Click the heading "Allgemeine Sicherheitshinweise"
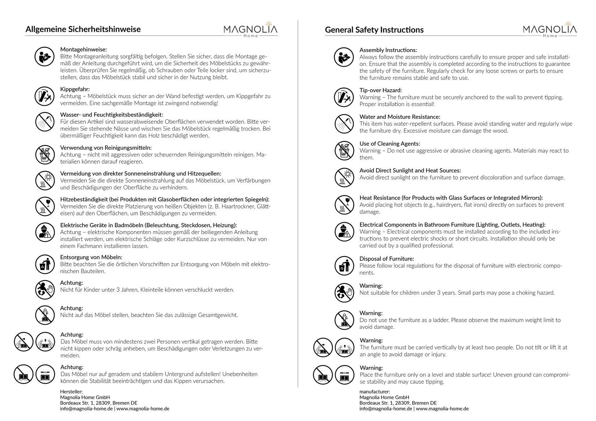click(x=83, y=29)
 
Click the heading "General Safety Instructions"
click(x=374, y=30)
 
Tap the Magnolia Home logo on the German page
click(x=250, y=30)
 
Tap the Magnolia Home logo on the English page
click(x=550, y=30)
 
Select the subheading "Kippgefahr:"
click(x=75, y=89)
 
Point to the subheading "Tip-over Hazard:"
click(x=380, y=90)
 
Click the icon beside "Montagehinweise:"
click(x=44, y=57)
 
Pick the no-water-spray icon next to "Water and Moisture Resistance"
click(x=344, y=124)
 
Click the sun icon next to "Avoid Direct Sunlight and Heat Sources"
click(x=344, y=177)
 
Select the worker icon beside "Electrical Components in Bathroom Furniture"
click(x=344, y=232)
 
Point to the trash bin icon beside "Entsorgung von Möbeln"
click(x=45, y=264)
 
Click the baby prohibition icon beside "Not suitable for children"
click(x=344, y=293)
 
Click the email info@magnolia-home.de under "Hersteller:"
click(x=86, y=409)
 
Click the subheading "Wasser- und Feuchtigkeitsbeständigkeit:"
click(x=112, y=115)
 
